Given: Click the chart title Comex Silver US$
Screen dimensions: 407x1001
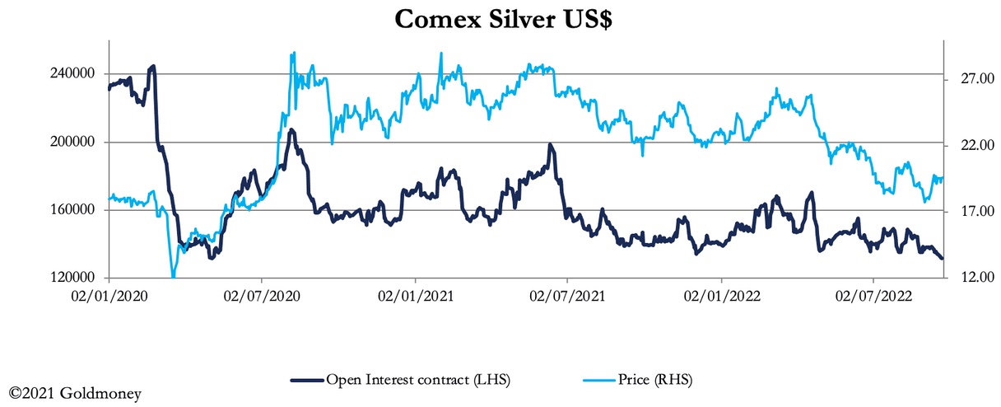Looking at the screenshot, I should pyautogui.click(x=503, y=19).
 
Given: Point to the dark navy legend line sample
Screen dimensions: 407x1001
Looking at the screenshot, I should pyautogui.click(x=308, y=381).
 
